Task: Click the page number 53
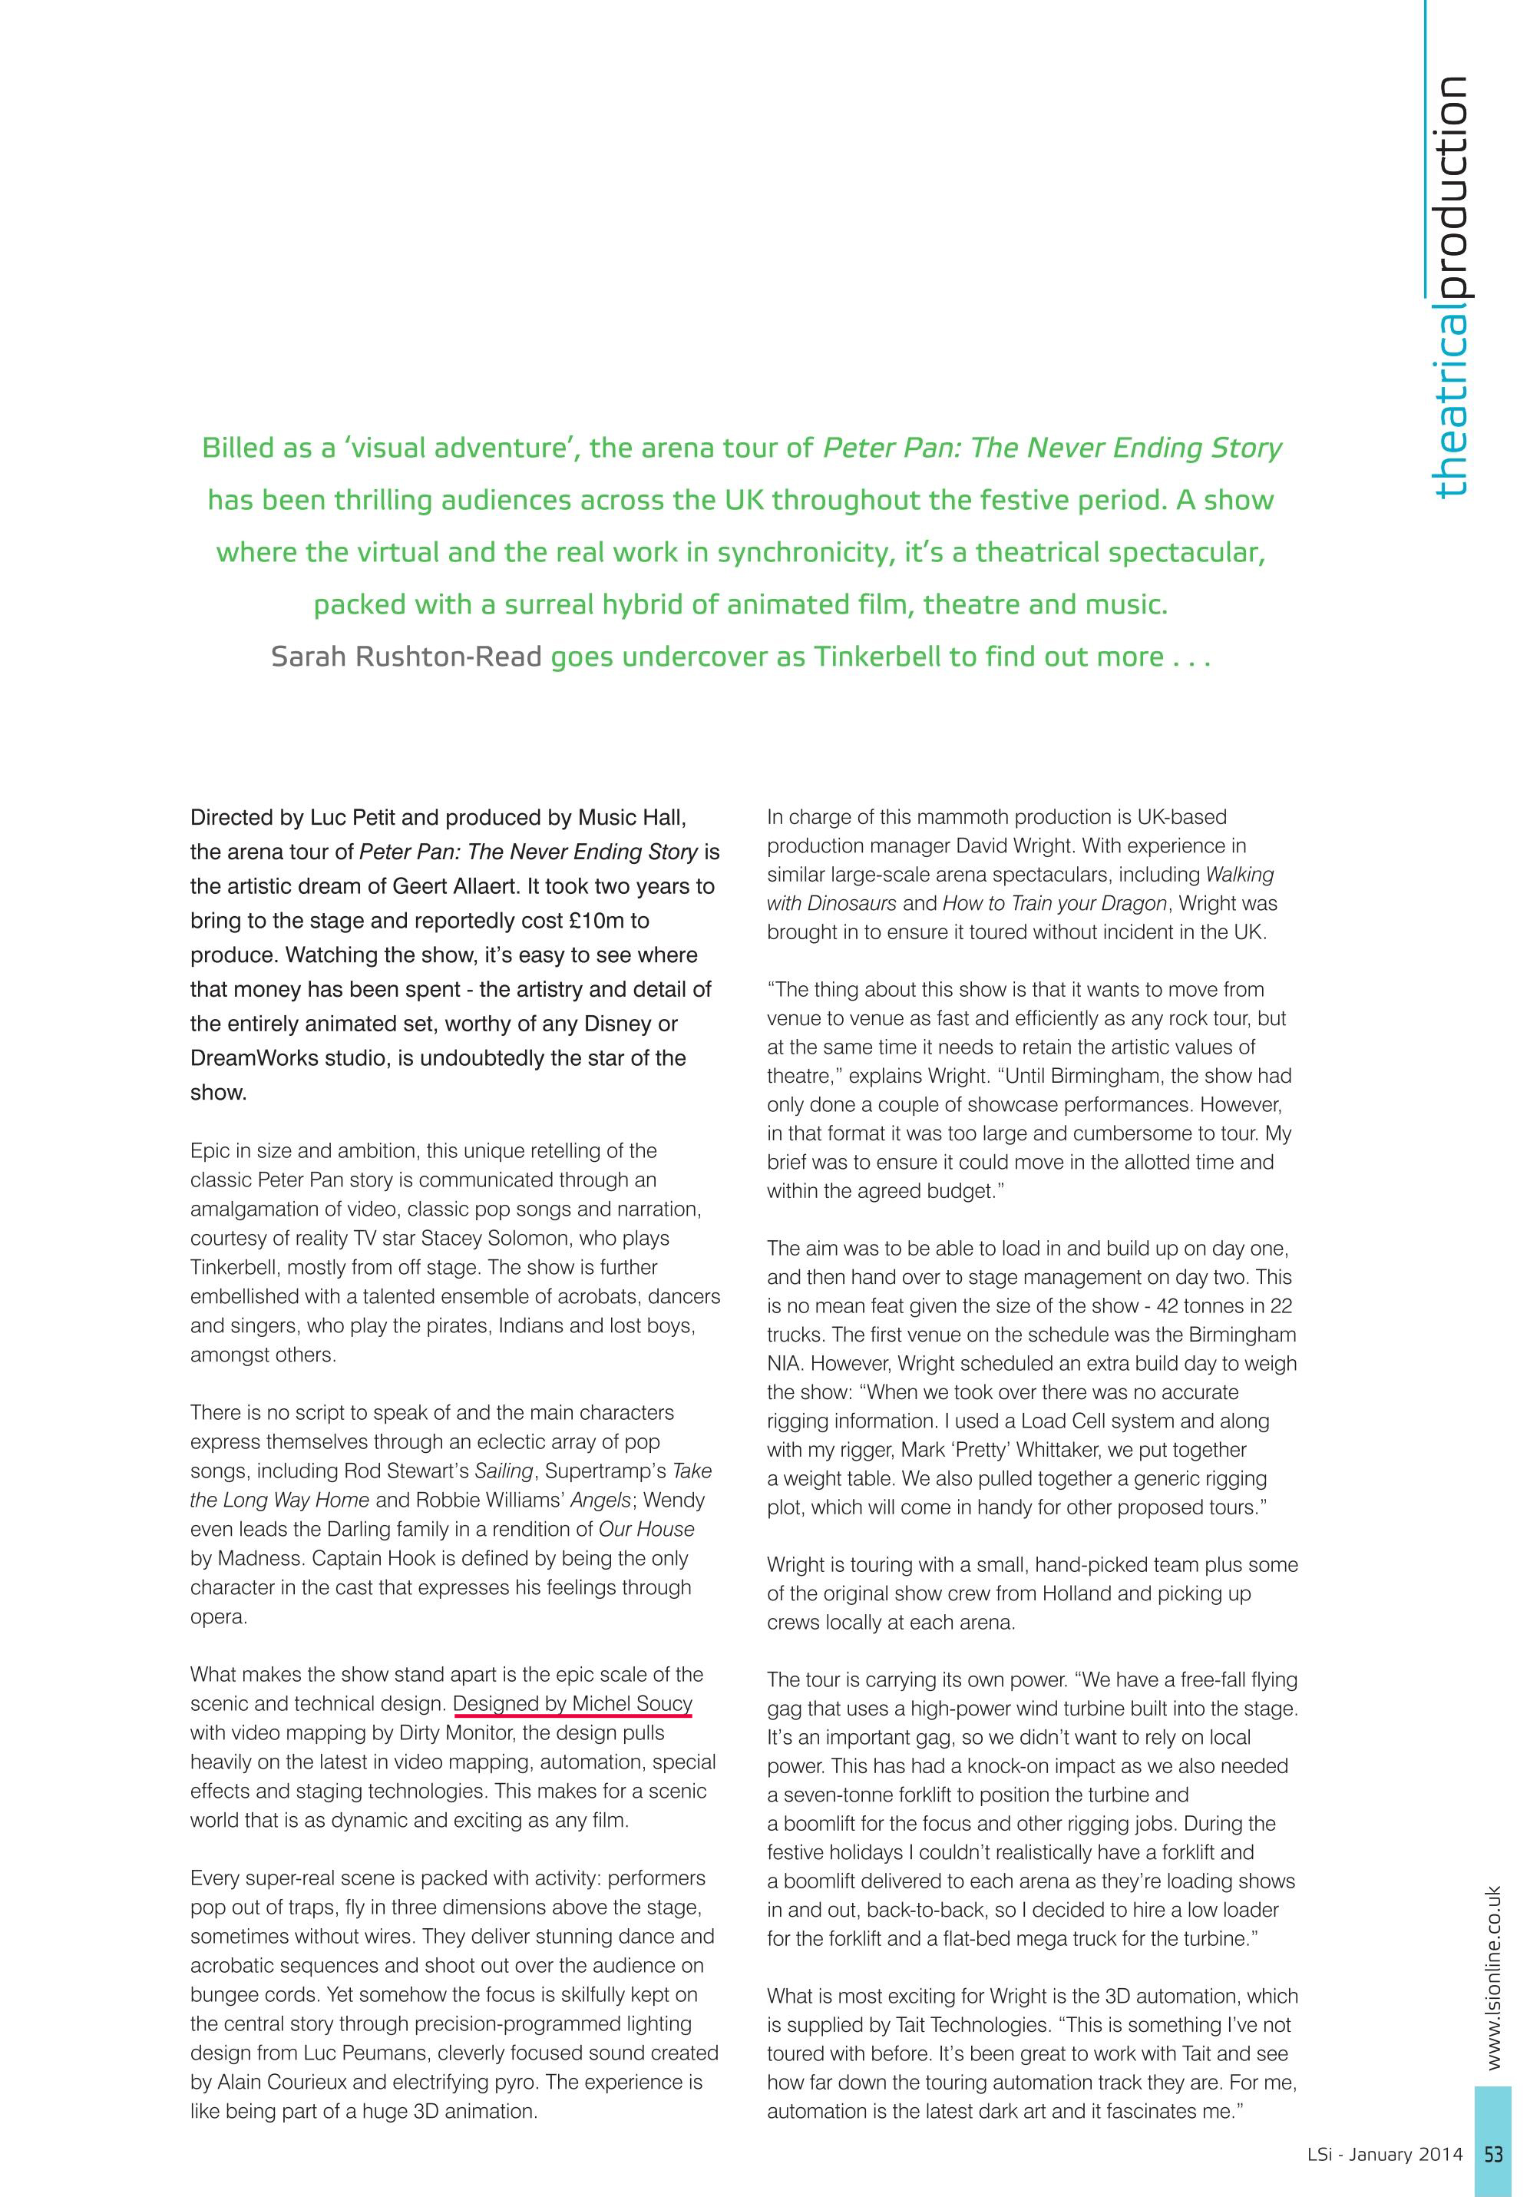click(x=1493, y=2154)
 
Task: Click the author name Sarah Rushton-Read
click(x=407, y=657)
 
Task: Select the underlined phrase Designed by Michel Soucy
click(x=572, y=1703)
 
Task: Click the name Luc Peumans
click(x=358, y=2053)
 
